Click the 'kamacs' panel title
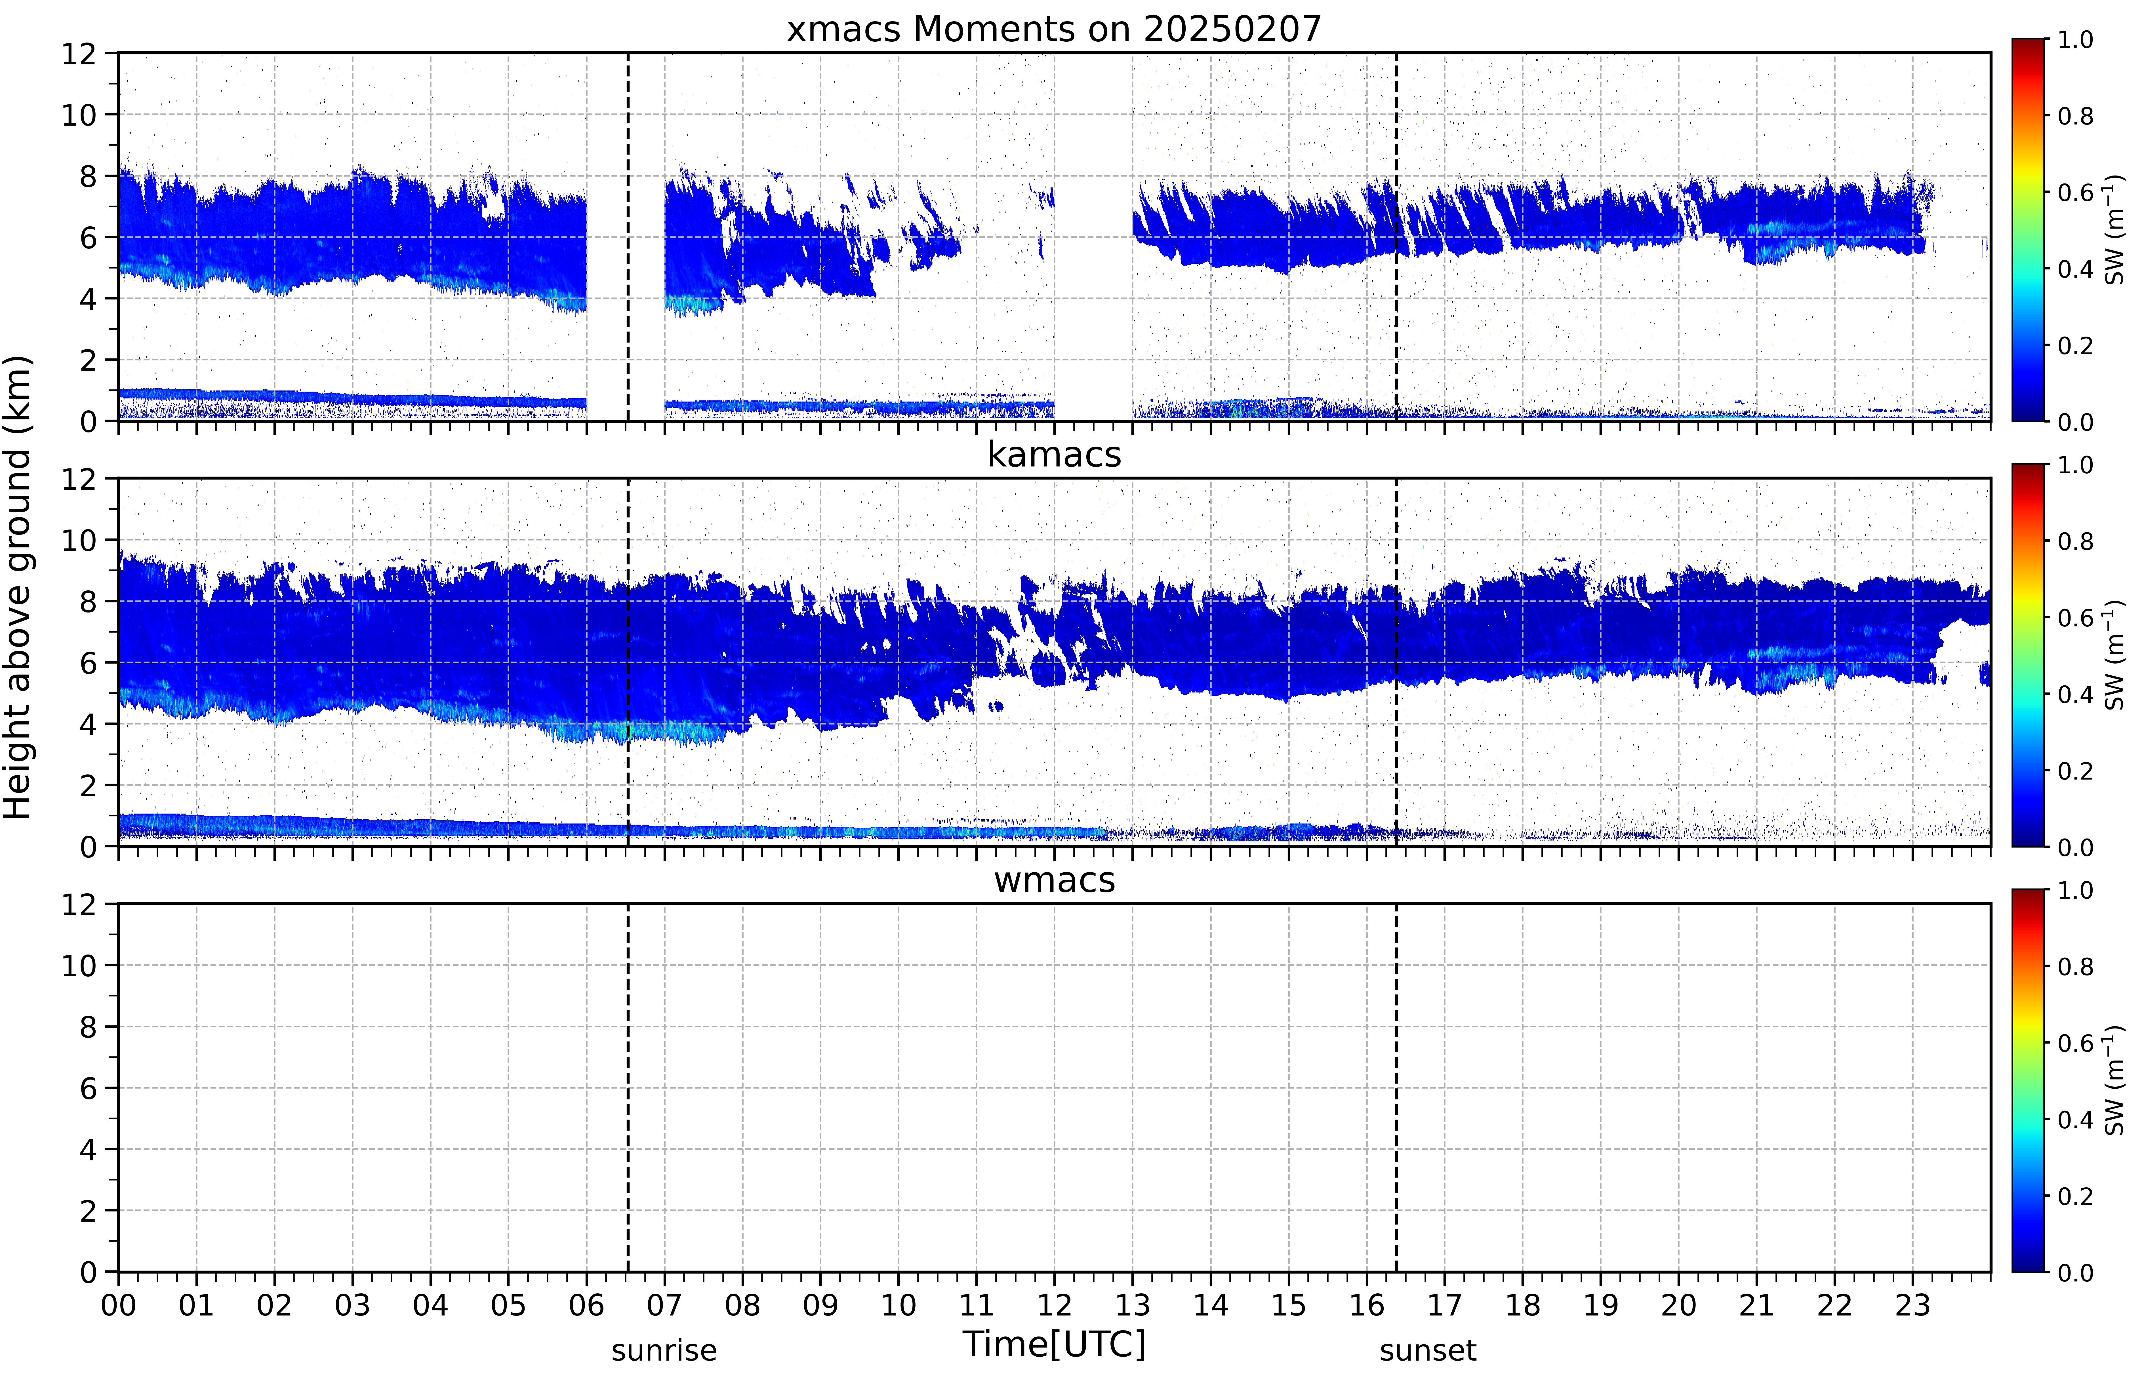point(1054,455)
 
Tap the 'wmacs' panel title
point(1054,880)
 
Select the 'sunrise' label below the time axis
point(664,1350)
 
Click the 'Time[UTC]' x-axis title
point(1054,1344)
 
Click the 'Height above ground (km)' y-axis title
point(18,587)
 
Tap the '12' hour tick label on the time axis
point(1054,1305)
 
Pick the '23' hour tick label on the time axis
point(1912,1305)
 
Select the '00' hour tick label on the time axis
point(118,1305)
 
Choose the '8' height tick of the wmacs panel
point(88,1027)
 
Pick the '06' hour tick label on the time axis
point(587,1305)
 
